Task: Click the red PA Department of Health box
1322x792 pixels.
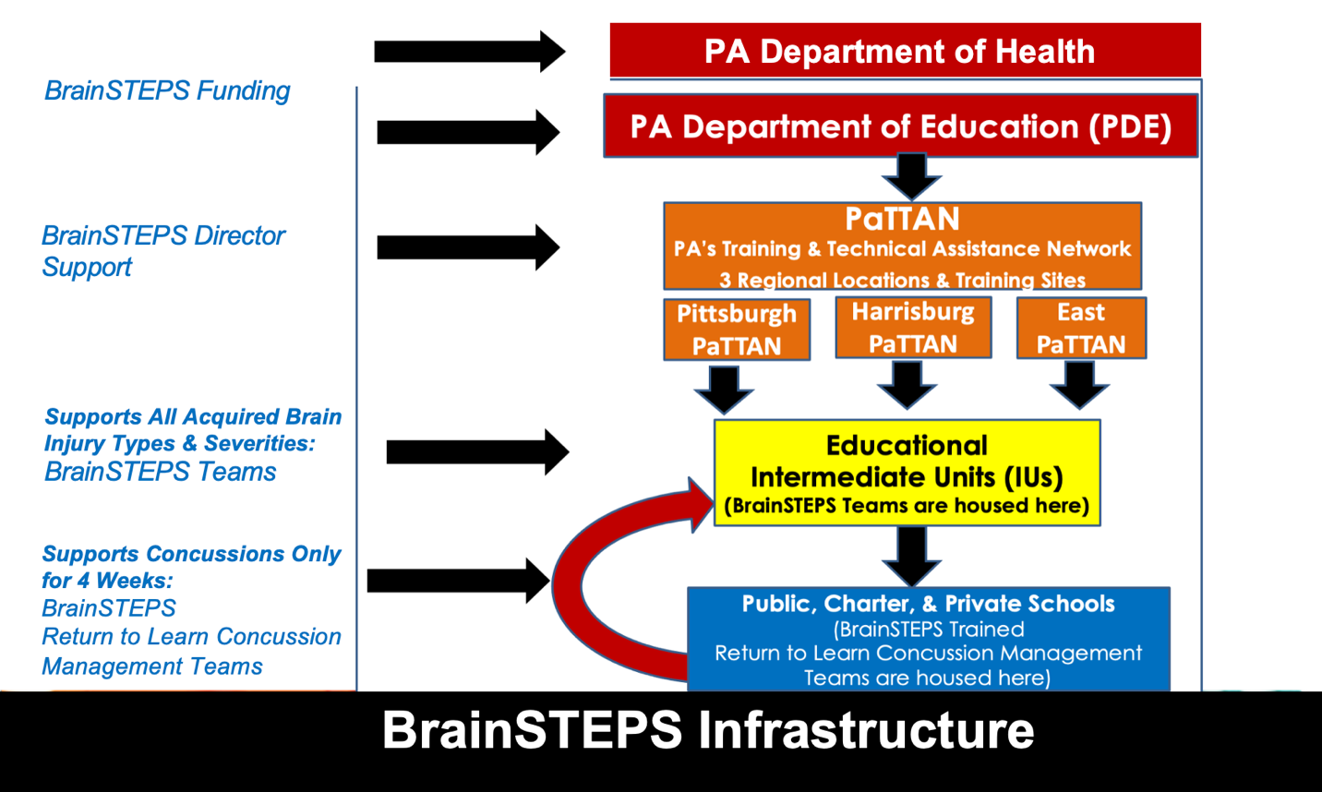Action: tap(905, 51)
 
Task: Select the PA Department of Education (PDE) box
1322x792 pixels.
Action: tap(900, 126)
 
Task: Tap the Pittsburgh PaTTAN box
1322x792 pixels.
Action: tap(737, 330)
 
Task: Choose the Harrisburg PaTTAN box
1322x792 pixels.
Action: tap(913, 328)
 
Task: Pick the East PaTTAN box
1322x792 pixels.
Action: tap(1081, 329)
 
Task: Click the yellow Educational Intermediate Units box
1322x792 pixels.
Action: tap(907, 474)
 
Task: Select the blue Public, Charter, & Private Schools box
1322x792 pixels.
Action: tap(928, 640)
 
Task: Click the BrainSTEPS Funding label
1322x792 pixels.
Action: tap(167, 90)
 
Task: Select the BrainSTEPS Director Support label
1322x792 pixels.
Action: tap(162, 251)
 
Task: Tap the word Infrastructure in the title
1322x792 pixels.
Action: tap(866, 730)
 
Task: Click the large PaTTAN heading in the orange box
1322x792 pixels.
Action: tap(902, 220)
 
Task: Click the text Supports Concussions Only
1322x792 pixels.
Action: tap(191, 554)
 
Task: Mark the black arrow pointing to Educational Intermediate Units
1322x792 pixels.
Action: tap(476, 452)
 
